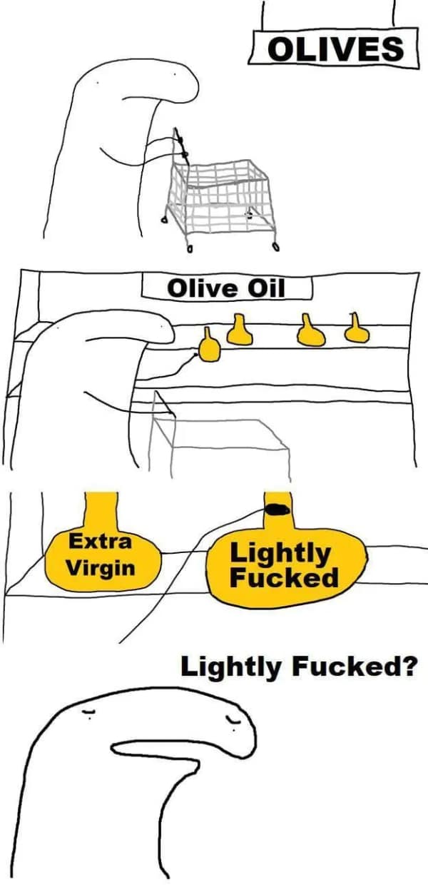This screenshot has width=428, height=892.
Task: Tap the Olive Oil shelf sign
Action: (226, 288)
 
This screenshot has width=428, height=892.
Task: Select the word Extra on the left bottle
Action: (100, 542)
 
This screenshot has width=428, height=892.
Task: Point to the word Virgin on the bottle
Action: (100, 569)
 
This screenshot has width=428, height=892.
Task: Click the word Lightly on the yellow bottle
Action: (280, 552)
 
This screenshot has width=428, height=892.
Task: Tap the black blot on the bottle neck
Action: (275, 509)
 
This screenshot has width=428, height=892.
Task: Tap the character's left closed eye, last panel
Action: (88, 713)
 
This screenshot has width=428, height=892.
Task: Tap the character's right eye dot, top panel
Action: (174, 73)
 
